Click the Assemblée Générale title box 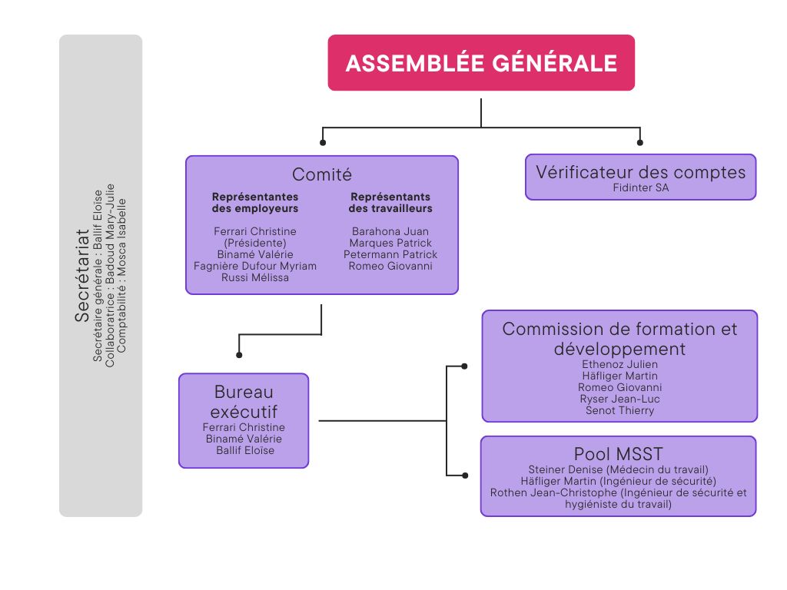point(481,63)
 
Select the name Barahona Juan point(390,231)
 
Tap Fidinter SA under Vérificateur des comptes point(641,187)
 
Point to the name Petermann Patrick point(390,254)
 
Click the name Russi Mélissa point(255,277)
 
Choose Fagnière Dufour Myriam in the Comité point(255,266)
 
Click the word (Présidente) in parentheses point(255,243)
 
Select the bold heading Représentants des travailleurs point(390,203)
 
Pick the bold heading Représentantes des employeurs point(255,203)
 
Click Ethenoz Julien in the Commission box point(619,364)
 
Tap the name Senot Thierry point(619,410)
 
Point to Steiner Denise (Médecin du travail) point(618,469)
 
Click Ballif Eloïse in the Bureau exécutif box point(244,450)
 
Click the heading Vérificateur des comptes point(641,171)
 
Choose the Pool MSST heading point(618,453)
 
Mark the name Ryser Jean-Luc point(619,399)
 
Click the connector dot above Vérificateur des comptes point(640,142)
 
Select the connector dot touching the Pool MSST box point(464,474)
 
